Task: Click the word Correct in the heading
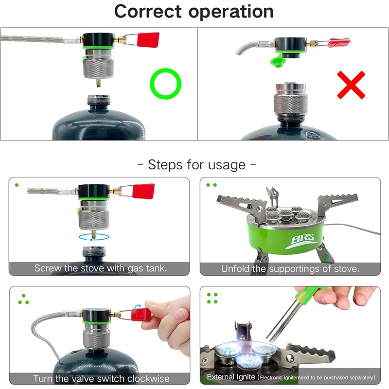[148, 11]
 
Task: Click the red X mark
[351, 85]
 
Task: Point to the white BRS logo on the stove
[301, 241]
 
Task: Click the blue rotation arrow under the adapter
[94, 237]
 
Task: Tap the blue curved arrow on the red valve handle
[136, 308]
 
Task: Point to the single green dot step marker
[17, 185]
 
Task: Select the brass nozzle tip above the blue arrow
[93, 233]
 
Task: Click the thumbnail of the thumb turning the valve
[178, 315]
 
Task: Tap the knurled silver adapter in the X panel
[290, 101]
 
